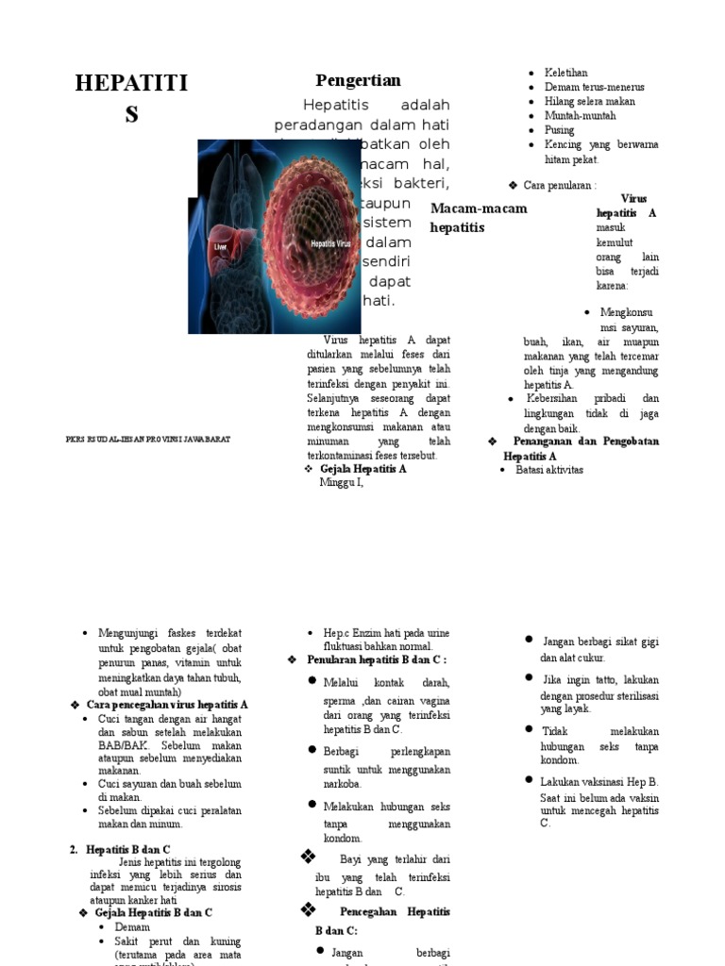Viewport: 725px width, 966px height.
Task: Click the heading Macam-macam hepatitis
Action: [478, 218]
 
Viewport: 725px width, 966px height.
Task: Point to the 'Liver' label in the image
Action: [221, 246]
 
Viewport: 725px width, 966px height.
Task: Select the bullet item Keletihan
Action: [565, 73]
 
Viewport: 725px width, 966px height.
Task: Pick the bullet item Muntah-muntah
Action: [580, 116]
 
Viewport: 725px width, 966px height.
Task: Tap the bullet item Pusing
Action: [559, 130]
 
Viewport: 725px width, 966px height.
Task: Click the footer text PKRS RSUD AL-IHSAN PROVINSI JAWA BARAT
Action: [148, 440]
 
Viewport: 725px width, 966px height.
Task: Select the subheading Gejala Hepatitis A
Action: [363, 469]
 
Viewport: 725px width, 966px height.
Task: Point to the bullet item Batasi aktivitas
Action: [549, 470]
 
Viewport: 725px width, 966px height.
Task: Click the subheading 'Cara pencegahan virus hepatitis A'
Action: [167, 705]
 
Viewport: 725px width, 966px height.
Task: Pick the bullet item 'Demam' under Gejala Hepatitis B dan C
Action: [132, 927]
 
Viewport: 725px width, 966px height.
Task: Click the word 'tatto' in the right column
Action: [605, 680]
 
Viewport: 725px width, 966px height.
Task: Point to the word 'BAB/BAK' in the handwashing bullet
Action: [121, 745]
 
